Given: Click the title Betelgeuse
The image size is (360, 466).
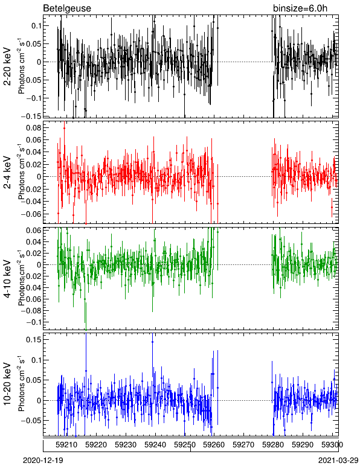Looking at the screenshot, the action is pos(67,8).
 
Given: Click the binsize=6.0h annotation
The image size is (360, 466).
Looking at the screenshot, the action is pos(300,8).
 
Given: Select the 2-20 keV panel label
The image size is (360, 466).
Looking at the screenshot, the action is pos(7,66).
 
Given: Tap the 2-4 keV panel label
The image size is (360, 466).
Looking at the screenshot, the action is pos(7,173).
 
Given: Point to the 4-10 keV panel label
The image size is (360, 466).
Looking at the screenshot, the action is pos(7,278).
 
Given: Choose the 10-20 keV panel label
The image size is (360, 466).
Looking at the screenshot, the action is pos(7,384).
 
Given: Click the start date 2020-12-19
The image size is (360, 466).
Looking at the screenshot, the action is pos(43,461).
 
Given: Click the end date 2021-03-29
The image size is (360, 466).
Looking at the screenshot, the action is pos(338,461).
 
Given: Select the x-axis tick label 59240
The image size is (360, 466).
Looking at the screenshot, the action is pos(155,445).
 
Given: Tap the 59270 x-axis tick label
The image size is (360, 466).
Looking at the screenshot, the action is pos(243,445).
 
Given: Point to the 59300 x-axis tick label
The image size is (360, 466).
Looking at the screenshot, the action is pos(332,445).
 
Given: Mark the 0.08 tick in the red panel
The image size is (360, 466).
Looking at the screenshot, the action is pos(34,127).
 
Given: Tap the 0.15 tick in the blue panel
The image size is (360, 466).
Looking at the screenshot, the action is pos(34,340).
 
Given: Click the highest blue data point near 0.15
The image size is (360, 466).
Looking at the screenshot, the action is pos(152,342).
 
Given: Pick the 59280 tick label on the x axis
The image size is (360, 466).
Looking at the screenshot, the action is pos(273,445).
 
